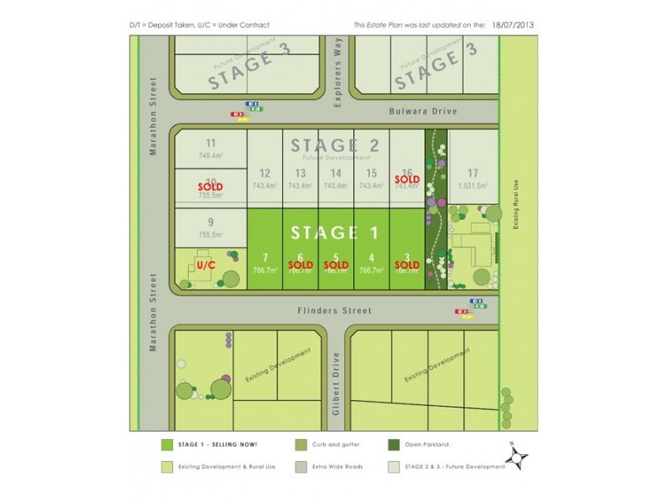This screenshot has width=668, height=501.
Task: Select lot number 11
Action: tap(210, 143)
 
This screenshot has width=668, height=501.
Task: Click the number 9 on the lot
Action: tap(210, 221)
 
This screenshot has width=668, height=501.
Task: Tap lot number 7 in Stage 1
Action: tap(265, 257)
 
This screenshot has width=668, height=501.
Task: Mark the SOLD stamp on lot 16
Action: tap(407, 179)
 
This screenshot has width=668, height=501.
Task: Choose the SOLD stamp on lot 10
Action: tap(210, 186)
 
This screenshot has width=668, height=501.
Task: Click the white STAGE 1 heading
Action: tap(334, 231)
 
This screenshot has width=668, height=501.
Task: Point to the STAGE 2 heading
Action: tap(335, 144)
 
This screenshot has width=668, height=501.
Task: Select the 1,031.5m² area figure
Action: tap(473, 186)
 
